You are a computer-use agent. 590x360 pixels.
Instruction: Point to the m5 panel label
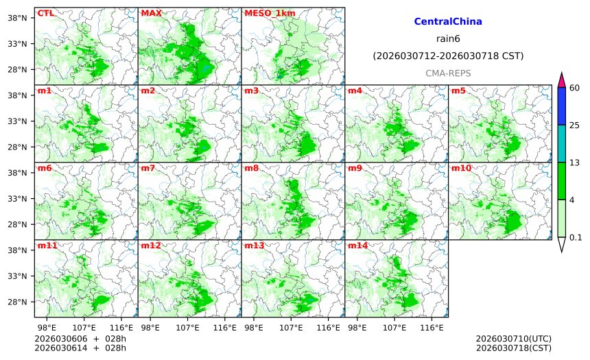coord(458,91)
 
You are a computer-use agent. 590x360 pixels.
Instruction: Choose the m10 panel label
coord(460,168)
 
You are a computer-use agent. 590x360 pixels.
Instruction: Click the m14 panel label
coord(357,245)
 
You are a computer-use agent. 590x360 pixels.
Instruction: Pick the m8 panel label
coord(251,168)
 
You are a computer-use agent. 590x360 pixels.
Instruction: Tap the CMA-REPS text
coord(448,73)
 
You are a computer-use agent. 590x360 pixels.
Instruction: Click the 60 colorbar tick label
coord(575,87)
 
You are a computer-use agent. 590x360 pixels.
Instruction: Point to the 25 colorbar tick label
coord(575,125)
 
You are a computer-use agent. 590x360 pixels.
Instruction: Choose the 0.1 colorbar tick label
coord(576,237)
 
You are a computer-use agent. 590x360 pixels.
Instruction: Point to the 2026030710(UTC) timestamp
coord(513,339)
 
